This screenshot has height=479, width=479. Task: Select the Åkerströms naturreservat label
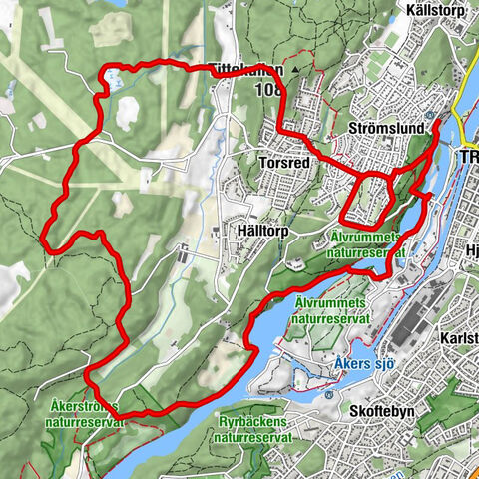[85, 414]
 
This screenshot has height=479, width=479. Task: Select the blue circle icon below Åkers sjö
[329, 392]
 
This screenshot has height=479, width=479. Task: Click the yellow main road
[460, 110]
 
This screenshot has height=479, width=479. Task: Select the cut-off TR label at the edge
[468, 159]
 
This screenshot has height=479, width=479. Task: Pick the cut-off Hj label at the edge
[470, 250]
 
